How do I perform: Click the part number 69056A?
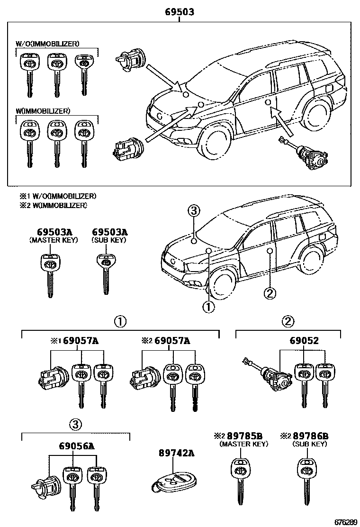point(76,446)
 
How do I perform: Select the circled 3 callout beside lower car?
point(194,211)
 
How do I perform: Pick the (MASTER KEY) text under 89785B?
point(243,444)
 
